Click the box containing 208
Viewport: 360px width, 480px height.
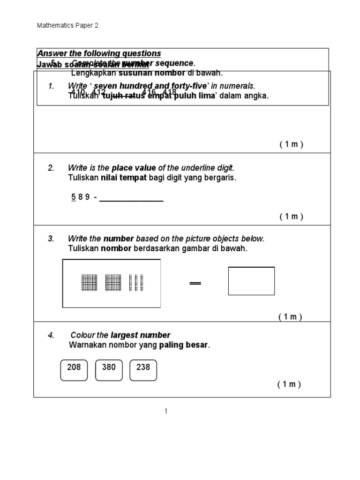pos(74,370)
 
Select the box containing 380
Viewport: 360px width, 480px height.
pos(109,370)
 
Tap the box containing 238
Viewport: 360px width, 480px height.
pos(143,370)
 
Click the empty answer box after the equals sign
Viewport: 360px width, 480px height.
pos(251,281)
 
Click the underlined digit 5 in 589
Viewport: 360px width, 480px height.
pos(73,197)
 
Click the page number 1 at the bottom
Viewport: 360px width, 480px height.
pos(166,412)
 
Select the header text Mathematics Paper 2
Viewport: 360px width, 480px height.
pos(67,26)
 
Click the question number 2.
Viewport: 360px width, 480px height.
pos(51,168)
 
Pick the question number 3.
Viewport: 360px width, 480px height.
pos(51,239)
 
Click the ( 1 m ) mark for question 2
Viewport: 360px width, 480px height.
pos(292,216)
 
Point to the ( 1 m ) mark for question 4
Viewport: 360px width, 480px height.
pos(289,384)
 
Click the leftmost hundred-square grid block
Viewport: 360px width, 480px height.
pos(89,283)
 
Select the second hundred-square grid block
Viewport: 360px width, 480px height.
pos(113,283)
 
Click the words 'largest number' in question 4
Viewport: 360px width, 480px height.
pos(140,335)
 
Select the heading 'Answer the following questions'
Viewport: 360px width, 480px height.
pos(99,53)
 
